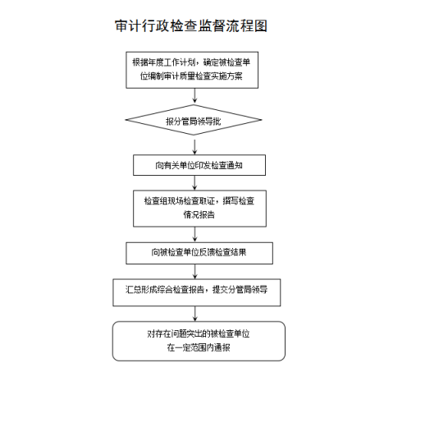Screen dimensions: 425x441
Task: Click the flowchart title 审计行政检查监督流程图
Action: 191,26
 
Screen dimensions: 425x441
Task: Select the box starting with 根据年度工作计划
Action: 192,70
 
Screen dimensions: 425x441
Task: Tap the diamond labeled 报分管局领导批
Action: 194,120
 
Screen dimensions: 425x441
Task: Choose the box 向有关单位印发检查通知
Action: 199,165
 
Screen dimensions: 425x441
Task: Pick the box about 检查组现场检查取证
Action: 199,209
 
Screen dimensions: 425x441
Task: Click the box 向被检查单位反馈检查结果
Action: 199,253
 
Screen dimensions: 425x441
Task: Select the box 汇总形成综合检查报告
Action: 197,292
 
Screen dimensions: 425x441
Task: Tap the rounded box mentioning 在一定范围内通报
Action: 199,341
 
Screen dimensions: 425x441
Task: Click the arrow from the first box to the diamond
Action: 194,95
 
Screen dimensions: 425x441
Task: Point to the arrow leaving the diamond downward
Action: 194,147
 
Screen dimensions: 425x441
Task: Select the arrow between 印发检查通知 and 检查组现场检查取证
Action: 194,183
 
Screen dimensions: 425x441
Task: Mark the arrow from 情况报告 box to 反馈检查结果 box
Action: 194,234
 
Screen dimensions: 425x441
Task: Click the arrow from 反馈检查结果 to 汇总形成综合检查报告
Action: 194,271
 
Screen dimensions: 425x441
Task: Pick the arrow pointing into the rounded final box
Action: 194,314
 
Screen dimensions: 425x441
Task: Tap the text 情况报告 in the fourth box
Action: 199,215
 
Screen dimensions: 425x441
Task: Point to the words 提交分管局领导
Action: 240,289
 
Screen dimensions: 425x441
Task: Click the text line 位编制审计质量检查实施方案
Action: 191,76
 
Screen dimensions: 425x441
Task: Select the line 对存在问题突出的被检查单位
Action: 199,334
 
